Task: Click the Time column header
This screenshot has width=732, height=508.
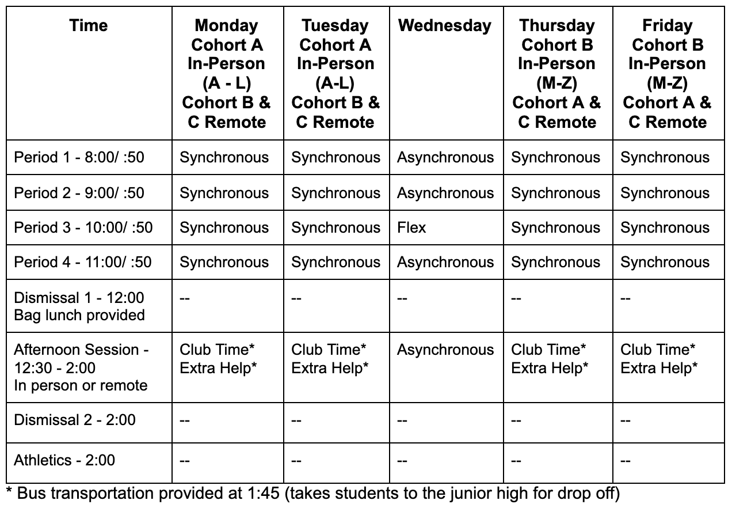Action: click(89, 25)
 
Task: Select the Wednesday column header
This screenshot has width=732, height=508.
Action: click(445, 25)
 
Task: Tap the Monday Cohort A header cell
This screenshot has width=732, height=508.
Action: click(227, 73)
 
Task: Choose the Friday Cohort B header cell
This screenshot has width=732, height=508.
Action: click(667, 73)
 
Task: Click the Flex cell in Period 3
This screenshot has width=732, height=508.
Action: click(411, 228)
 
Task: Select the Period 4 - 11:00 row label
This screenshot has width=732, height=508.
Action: click(83, 262)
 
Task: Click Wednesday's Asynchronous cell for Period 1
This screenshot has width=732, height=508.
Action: click(445, 158)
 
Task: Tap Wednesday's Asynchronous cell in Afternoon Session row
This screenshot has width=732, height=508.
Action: click(445, 350)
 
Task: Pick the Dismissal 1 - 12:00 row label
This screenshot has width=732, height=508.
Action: click(79, 306)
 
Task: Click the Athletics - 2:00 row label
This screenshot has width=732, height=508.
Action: click(64, 460)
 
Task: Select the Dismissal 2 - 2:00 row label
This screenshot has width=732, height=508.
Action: click(75, 419)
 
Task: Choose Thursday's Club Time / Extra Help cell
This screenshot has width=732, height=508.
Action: click(550, 358)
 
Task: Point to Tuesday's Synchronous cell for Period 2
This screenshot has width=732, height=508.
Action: click(335, 193)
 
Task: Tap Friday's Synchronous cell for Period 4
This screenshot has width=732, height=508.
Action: click(665, 262)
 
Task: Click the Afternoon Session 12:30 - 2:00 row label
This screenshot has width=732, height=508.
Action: click(81, 367)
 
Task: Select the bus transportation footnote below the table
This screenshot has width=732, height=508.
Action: click(314, 494)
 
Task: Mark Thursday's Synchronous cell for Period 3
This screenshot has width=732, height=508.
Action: click(555, 228)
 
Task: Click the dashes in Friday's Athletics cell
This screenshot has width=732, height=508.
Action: click(626, 461)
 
